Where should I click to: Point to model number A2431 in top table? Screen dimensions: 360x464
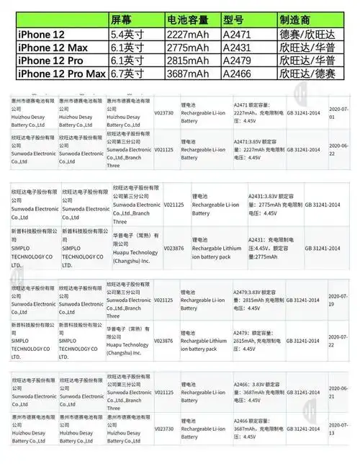(x=238, y=48)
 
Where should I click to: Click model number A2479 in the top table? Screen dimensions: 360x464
(x=238, y=61)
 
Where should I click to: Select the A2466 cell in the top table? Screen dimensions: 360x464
(x=238, y=74)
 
